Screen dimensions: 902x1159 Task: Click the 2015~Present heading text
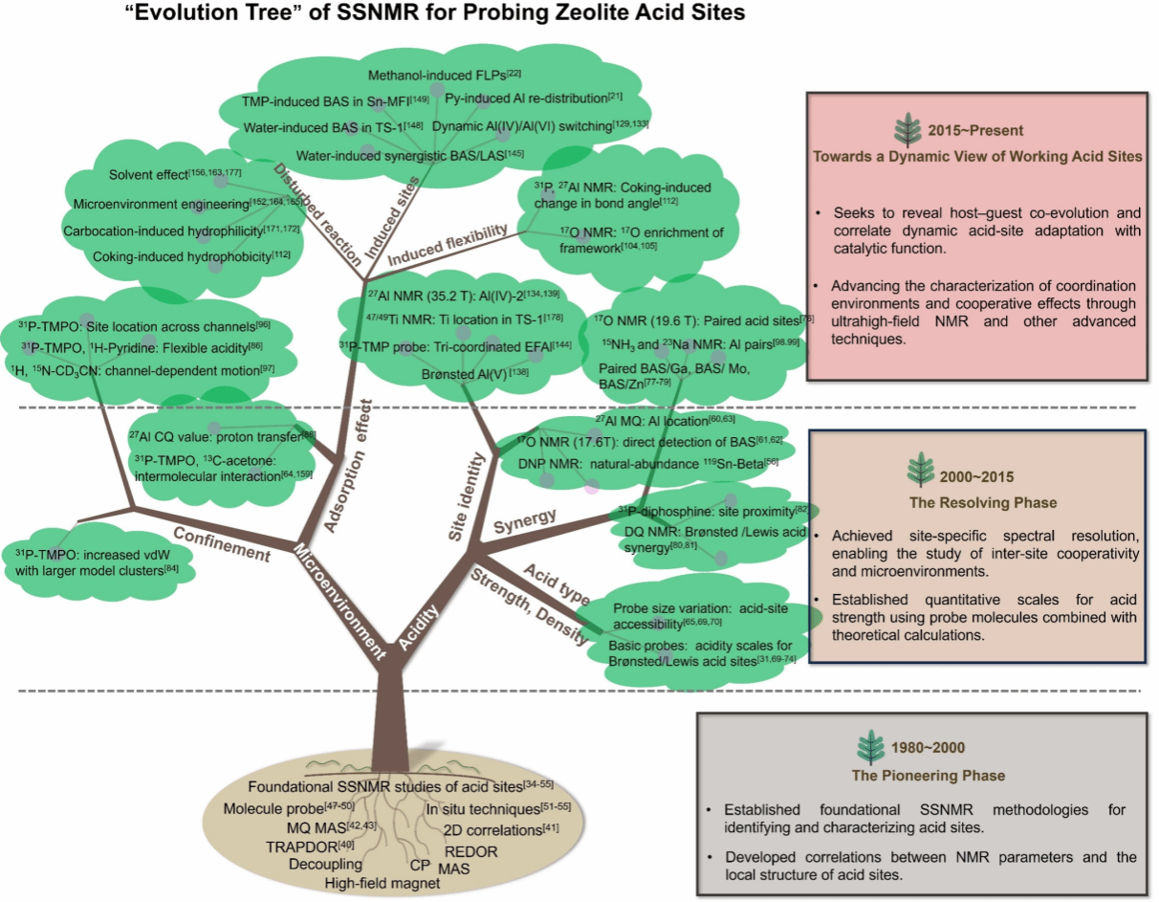974,131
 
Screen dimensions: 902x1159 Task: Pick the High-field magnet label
376,883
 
